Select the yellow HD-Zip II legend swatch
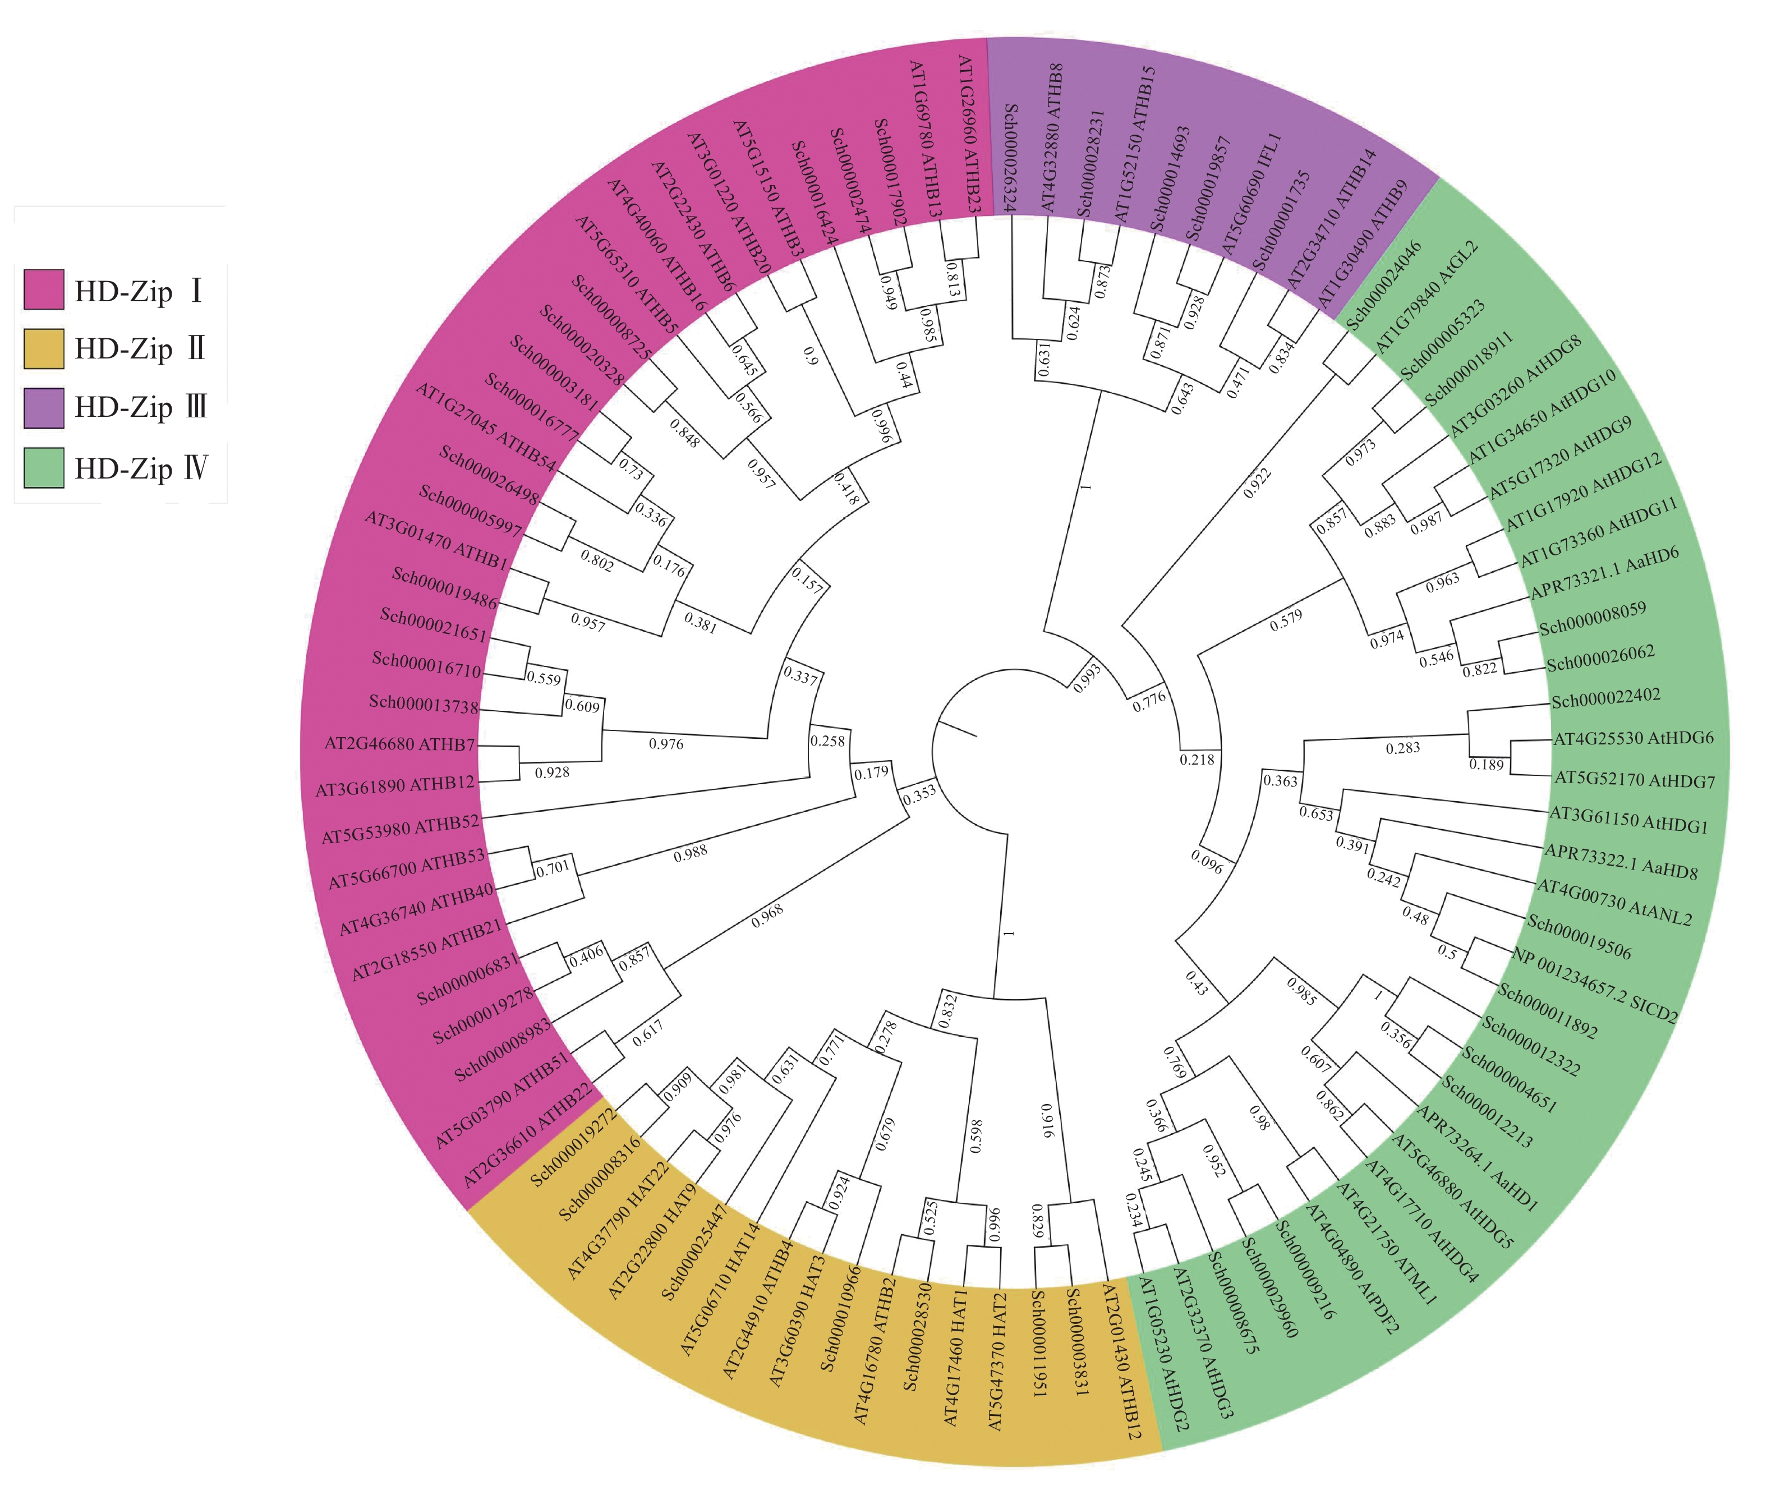[43, 349]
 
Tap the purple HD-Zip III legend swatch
[43, 407]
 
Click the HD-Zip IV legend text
[141, 468]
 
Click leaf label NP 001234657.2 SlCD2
[1594, 985]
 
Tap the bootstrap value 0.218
[1197, 759]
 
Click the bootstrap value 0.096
[1206, 862]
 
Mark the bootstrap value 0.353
[919, 794]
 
